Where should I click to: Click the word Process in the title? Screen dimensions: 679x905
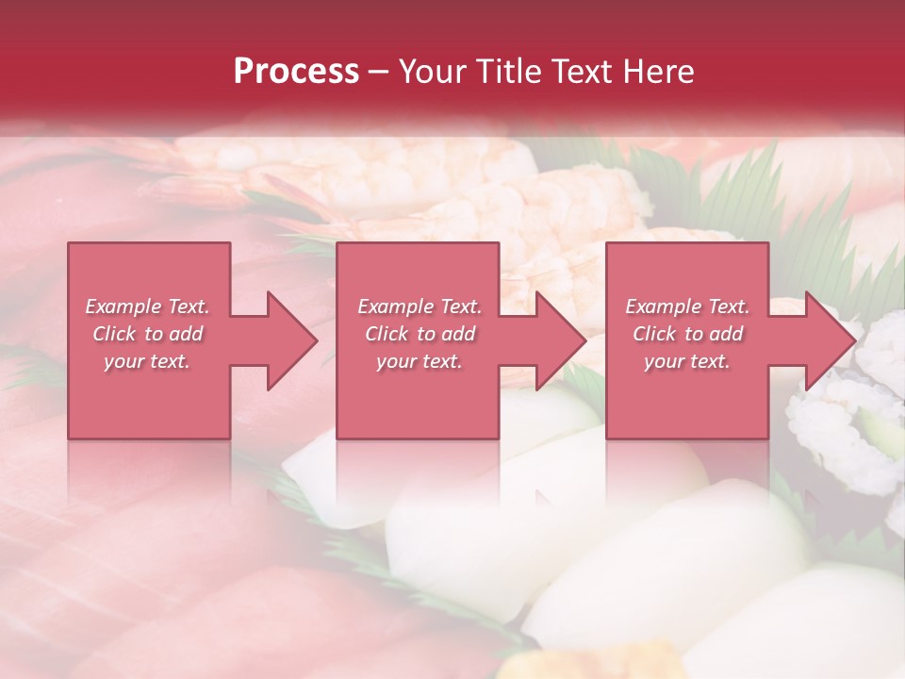coord(296,72)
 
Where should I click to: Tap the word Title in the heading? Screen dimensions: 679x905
coord(507,72)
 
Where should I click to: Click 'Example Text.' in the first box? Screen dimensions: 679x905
coord(147,306)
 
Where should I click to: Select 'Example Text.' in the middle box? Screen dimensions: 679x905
coord(420,306)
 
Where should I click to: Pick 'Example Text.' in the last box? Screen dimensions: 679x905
coord(687,306)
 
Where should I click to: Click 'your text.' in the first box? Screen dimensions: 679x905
coord(147,361)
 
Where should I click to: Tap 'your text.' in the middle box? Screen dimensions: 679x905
coord(420,361)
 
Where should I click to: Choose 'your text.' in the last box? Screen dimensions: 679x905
coord(687,361)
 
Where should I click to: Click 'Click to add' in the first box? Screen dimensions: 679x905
coord(147,334)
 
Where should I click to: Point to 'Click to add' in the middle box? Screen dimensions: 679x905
coord(420,334)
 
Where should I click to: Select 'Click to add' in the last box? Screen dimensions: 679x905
coord(687,334)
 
